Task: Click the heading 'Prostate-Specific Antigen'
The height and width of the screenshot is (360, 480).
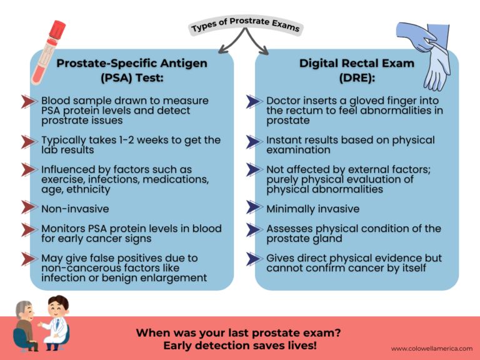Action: (x=132, y=63)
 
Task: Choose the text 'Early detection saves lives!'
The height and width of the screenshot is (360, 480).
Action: (x=239, y=346)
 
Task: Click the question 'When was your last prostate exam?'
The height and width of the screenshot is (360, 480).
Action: (x=239, y=333)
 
